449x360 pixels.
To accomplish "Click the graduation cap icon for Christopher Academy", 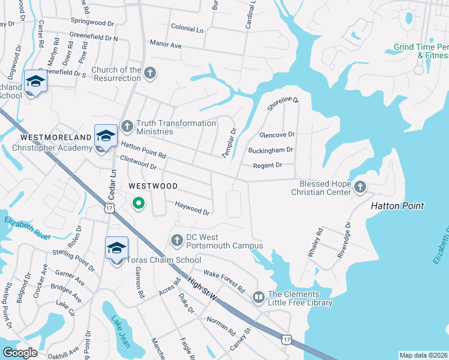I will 106,136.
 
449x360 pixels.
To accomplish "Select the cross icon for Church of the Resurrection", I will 150,73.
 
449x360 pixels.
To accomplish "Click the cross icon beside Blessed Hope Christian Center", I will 360,187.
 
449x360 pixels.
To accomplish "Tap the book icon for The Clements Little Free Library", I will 259,297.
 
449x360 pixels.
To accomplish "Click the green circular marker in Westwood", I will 139,204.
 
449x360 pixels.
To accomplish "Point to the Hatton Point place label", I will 397,206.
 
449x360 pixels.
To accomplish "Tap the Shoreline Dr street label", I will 282,103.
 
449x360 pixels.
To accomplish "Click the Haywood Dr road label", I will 192,208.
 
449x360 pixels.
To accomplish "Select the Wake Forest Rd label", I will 224,281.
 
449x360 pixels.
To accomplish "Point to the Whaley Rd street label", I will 315,242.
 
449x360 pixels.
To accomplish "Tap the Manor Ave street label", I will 165,45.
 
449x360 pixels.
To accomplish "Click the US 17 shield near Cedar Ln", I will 108,208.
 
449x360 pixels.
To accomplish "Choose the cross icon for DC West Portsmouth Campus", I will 176,241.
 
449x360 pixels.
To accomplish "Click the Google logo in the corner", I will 20,352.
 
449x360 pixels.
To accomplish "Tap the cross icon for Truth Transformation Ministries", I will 127,126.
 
